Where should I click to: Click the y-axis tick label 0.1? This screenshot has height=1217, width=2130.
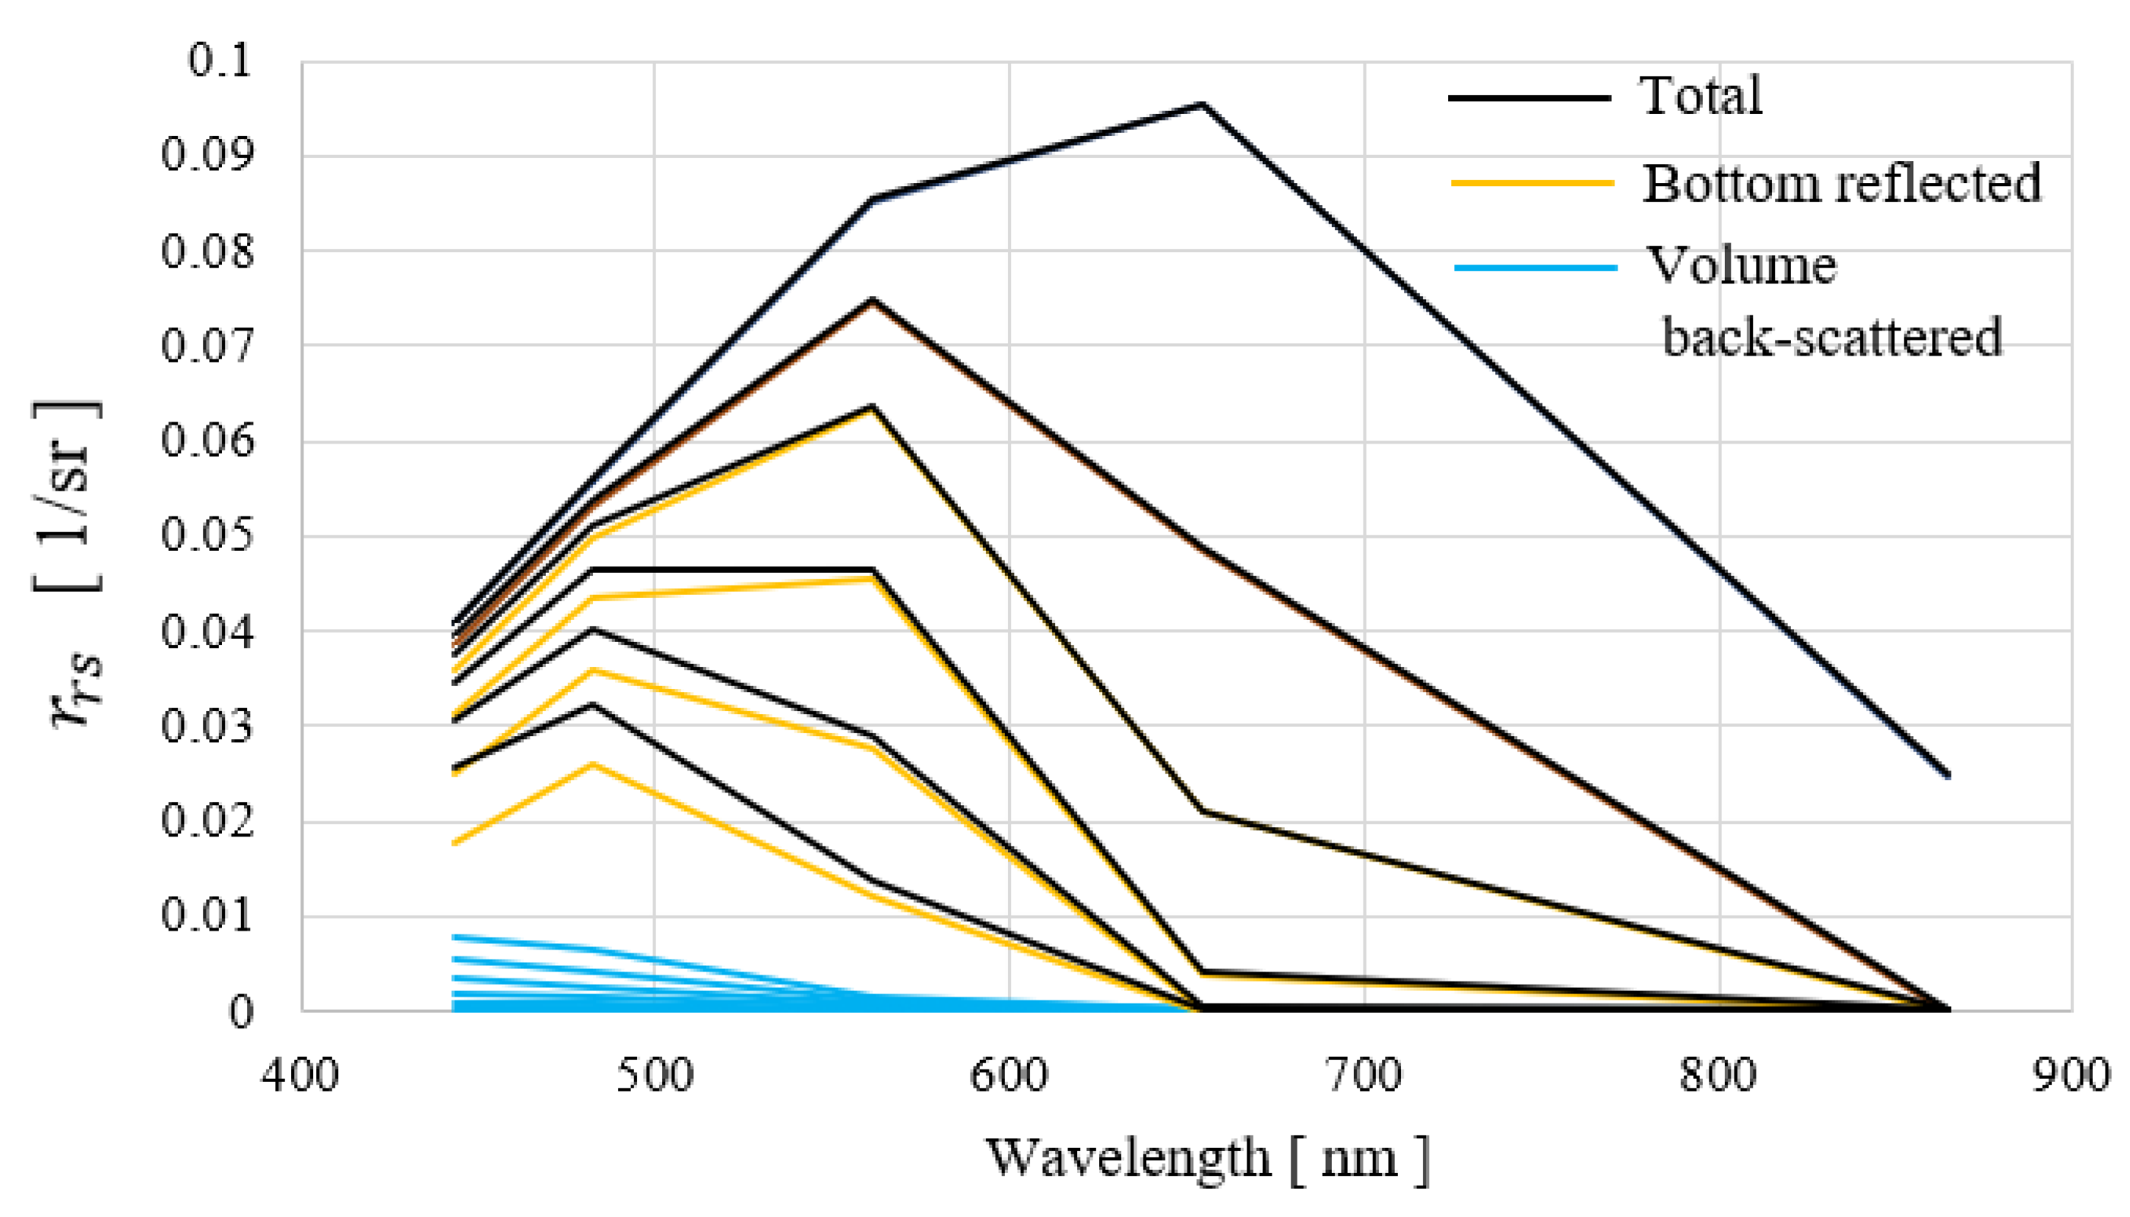point(219,61)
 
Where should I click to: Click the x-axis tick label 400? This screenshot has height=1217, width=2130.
point(300,1076)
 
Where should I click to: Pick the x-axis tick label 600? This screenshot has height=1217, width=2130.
point(1009,1076)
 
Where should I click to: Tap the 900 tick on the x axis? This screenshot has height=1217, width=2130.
point(2072,1076)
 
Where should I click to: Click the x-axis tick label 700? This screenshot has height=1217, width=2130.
point(1364,1076)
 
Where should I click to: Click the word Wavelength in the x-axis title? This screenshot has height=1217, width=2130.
point(1129,1158)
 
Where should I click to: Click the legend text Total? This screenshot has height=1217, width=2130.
point(1701,96)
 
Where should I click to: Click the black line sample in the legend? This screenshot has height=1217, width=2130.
point(1529,98)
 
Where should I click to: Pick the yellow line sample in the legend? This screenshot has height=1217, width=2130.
point(1532,182)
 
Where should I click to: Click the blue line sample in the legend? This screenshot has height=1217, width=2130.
point(1536,267)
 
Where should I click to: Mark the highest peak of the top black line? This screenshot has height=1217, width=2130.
point(1203,105)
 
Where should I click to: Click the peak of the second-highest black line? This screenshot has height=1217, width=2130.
point(872,300)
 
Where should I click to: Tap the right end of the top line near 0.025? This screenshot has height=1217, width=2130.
point(1948,775)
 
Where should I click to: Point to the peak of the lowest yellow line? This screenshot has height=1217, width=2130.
point(592,764)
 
